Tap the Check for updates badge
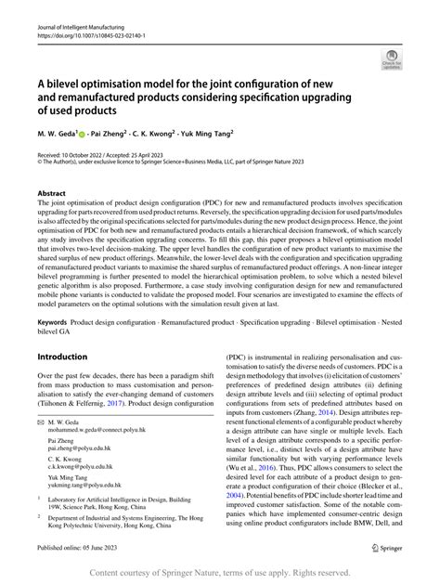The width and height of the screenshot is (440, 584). tap(393, 60)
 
